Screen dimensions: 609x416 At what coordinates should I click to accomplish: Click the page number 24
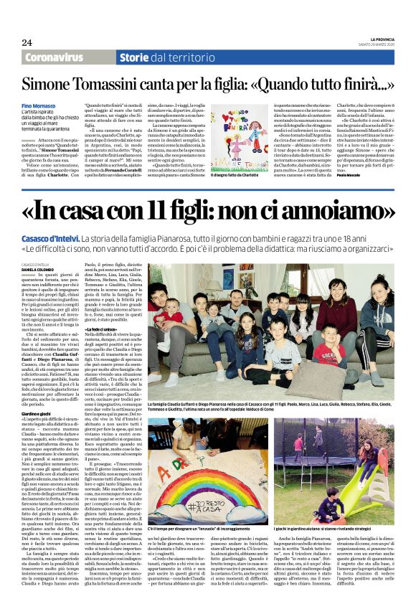27,43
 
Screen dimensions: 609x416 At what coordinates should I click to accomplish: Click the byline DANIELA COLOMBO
55,269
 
